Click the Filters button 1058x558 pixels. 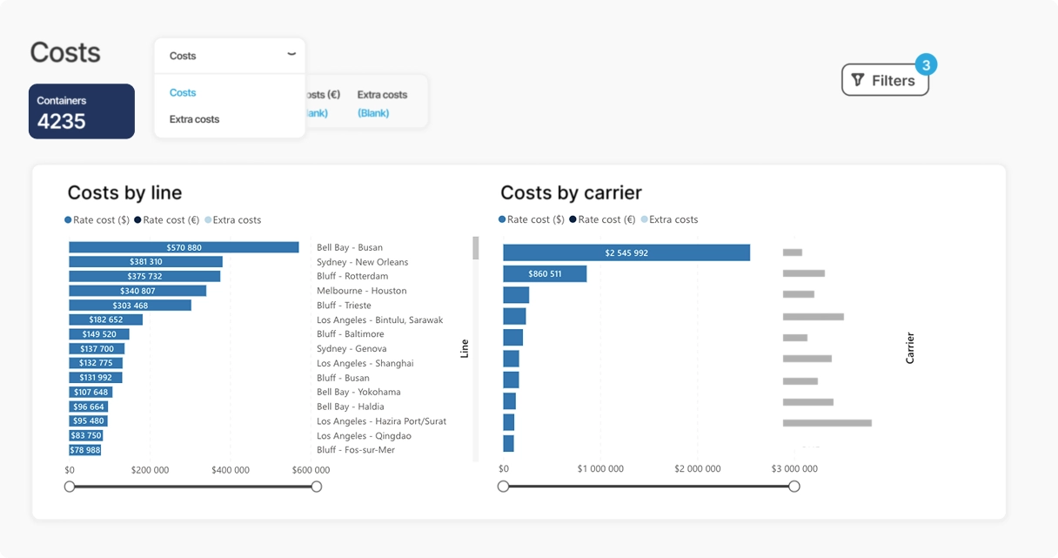[x=884, y=80]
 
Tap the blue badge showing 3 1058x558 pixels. [x=926, y=64]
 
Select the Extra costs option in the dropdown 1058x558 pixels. [x=194, y=119]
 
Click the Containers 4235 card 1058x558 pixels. [x=82, y=111]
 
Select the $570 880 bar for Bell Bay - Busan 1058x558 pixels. [x=184, y=247]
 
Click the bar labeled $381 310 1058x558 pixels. [x=145, y=262]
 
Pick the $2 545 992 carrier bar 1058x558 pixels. [x=626, y=252]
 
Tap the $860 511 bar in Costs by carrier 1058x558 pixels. [x=545, y=274]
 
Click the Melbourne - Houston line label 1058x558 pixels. [x=361, y=291]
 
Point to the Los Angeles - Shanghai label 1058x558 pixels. [x=365, y=363]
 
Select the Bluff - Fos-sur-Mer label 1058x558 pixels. [x=356, y=450]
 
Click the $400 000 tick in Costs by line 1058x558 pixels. [x=230, y=470]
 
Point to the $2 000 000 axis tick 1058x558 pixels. [x=697, y=469]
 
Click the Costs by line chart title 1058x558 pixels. [x=124, y=193]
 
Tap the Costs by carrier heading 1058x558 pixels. [x=571, y=193]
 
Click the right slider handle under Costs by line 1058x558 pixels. [x=317, y=487]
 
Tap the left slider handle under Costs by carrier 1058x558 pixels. [x=503, y=487]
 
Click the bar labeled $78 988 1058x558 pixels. [x=85, y=450]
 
